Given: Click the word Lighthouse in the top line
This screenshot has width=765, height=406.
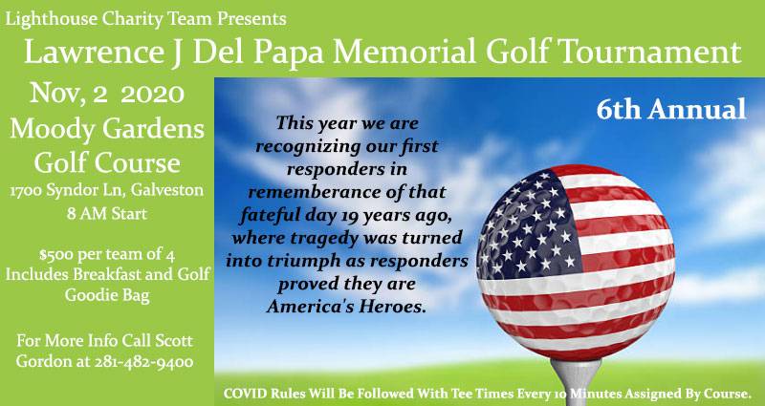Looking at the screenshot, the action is [52, 19].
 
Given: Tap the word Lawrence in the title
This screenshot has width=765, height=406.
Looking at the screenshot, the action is [93, 52].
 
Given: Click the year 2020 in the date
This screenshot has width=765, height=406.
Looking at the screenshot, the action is [152, 94].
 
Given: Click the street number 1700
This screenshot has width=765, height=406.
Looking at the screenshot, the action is [28, 190].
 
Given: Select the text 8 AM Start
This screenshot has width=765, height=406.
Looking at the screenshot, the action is [107, 214].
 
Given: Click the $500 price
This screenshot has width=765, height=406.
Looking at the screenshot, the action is [55, 255].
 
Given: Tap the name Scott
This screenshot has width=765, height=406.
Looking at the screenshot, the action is [174, 340].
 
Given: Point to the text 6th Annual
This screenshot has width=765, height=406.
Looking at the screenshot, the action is [671, 110].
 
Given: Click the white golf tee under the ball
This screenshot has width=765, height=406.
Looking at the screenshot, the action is [577, 382].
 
